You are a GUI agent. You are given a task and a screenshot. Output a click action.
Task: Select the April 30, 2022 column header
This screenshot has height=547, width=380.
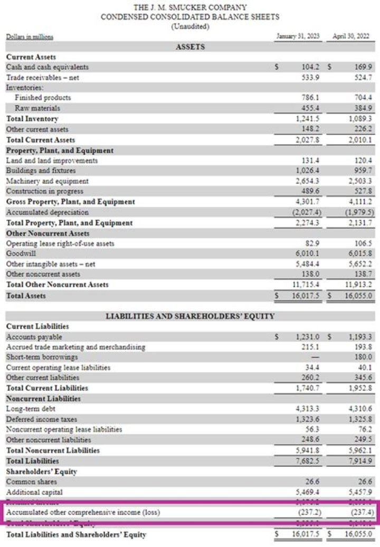[351, 36]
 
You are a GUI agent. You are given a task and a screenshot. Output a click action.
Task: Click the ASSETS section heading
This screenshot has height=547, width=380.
[190, 47]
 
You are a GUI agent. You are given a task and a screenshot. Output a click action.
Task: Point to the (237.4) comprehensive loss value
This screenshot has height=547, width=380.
[360, 512]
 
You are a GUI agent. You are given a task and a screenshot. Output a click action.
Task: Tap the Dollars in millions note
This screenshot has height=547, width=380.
[30, 36]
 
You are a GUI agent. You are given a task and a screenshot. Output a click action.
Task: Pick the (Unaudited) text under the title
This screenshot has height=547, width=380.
[190, 26]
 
